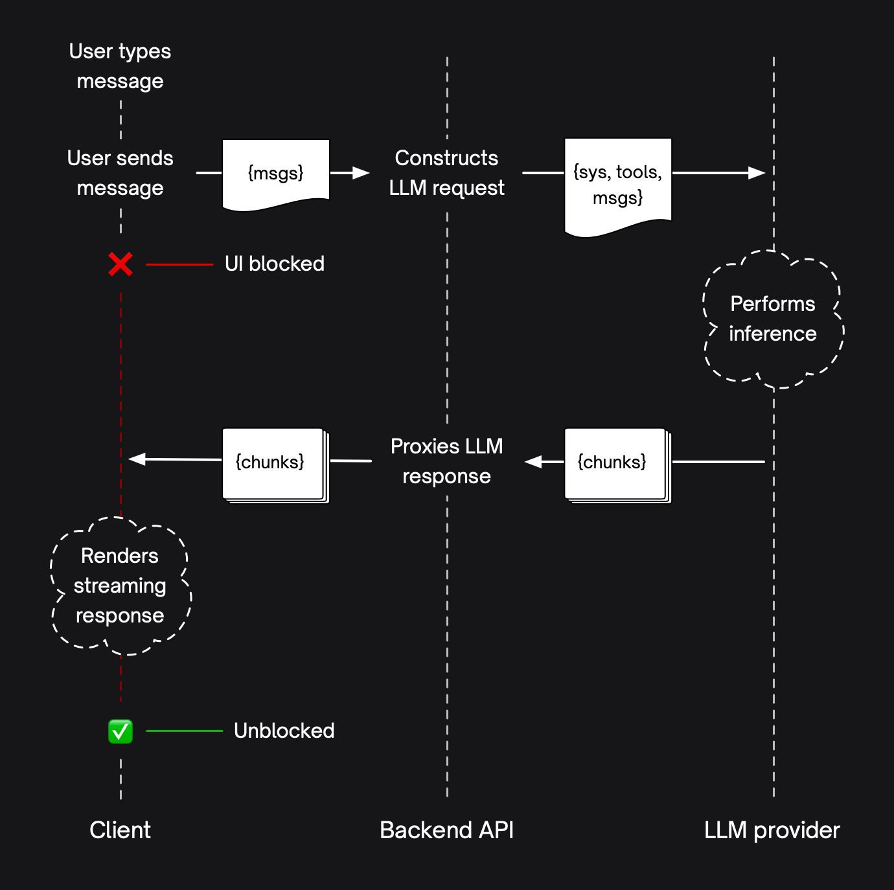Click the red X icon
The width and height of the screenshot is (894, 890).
point(120,264)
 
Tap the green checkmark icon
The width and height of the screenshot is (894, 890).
point(120,731)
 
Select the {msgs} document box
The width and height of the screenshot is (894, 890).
point(276,174)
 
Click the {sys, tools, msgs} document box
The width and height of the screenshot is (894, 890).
point(618,185)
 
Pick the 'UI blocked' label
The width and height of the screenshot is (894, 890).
point(274,264)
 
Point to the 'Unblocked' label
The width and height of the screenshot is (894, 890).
point(284,731)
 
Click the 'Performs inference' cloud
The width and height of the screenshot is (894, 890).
point(773,319)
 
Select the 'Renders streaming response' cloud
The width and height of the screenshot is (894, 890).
point(120,586)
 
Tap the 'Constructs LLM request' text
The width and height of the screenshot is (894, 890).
point(446,173)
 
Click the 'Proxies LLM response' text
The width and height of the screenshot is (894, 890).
point(446,461)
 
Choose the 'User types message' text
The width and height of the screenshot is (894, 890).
point(120,66)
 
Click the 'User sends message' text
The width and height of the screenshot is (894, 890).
point(120,173)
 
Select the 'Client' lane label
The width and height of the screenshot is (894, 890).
point(120,830)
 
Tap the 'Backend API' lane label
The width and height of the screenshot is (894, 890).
point(446,830)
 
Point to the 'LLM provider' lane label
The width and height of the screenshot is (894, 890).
point(772,830)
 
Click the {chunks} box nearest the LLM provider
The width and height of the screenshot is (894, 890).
point(616,464)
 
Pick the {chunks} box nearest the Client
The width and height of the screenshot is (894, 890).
point(274,464)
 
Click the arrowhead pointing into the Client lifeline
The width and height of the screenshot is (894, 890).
point(136,459)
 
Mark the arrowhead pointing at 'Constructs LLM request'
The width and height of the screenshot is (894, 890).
point(361,173)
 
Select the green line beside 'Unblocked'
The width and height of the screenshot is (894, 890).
point(185,731)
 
